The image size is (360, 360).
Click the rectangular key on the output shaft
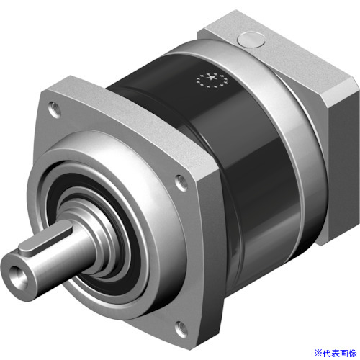point(45,239)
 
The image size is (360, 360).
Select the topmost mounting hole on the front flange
point(55,109)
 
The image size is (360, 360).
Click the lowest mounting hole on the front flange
point(181,329)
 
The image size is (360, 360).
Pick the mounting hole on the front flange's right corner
point(181,183)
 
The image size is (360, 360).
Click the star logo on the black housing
point(212,79)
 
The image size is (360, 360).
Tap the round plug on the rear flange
point(251,39)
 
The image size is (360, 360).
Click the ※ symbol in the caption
point(319,353)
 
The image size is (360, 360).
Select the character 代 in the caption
point(328,353)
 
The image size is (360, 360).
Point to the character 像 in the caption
point(353,353)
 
